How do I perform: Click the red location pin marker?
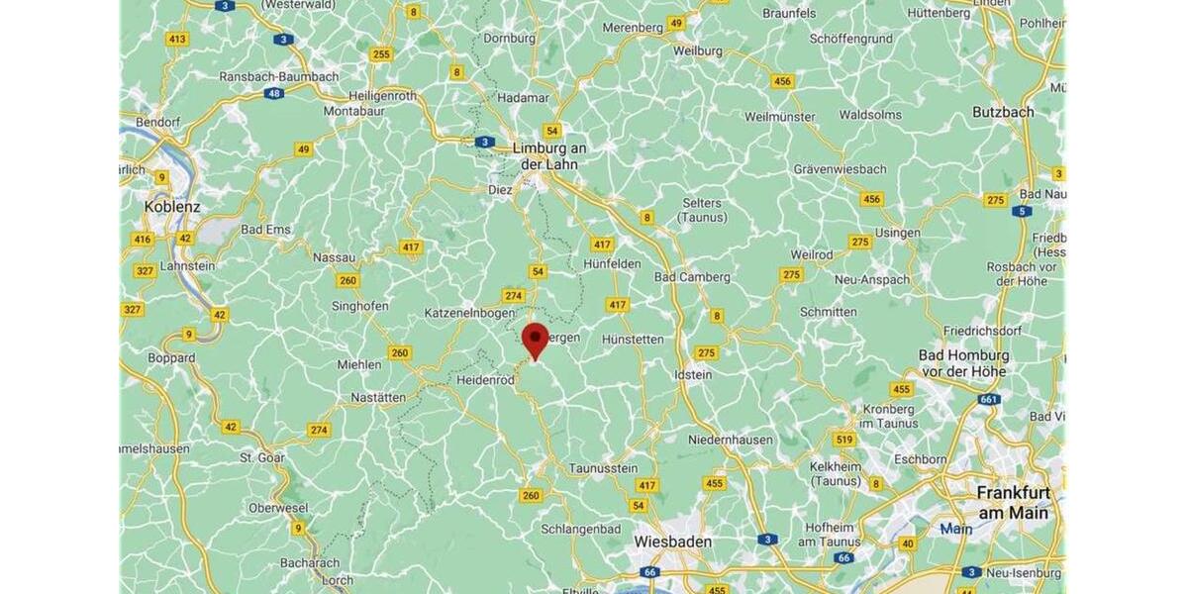tap(536, 339)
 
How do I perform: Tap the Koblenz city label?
tap(172, 207)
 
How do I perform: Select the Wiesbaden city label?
tap(672, 543)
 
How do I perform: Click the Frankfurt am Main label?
tap(1012, 502)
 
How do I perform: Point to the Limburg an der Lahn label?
tap(549, 155)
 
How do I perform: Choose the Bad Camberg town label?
tap(692, 277)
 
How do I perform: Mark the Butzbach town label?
tap(1003, 112)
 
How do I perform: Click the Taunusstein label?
tap(603, 468)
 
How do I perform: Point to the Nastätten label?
tap(378, 397)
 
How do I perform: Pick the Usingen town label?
tap(897, 233)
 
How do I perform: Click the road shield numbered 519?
tap(843, 440)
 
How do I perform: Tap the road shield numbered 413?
tap(177, 40)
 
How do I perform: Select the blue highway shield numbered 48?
tap(273, 93)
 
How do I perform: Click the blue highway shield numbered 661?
tap(988, 399)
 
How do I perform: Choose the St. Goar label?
tap(262, 457)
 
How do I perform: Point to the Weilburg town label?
tap(697, 49)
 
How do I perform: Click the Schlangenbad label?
tap(580, 529)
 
